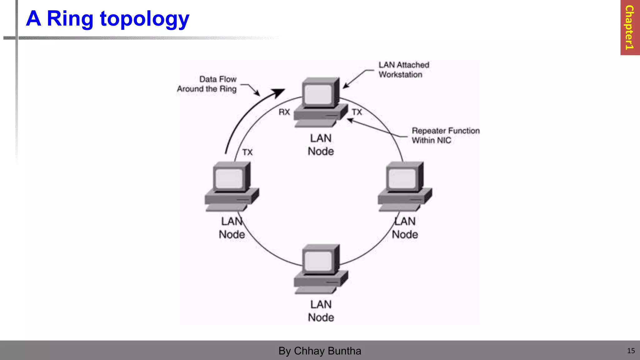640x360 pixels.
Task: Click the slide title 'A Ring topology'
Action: [107, 19]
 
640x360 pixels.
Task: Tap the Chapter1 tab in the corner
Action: [629, 27]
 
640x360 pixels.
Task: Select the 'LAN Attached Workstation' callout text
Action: [403, 70]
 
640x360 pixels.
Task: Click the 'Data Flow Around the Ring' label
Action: [207, 84]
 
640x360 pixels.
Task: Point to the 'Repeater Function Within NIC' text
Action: [445, 135]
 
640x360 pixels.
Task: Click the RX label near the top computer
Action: [284, 112]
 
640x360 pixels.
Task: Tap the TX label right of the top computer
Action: [357, 112]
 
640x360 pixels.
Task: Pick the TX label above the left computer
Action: [247, 152]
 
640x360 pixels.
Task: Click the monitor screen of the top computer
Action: [318, 94]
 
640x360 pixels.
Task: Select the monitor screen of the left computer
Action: [229, 178]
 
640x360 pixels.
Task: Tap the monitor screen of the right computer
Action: [402, 178]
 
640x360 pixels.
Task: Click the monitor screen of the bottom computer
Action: [318, 261]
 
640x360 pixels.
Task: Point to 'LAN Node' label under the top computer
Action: [321, 145]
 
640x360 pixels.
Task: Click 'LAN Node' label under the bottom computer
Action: [321, 311]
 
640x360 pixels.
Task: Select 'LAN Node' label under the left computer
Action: [232, 228]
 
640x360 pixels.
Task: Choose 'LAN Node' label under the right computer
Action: [405, 228]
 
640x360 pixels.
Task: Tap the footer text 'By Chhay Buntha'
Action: [320, 351]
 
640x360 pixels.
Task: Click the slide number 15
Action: [631, 351]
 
